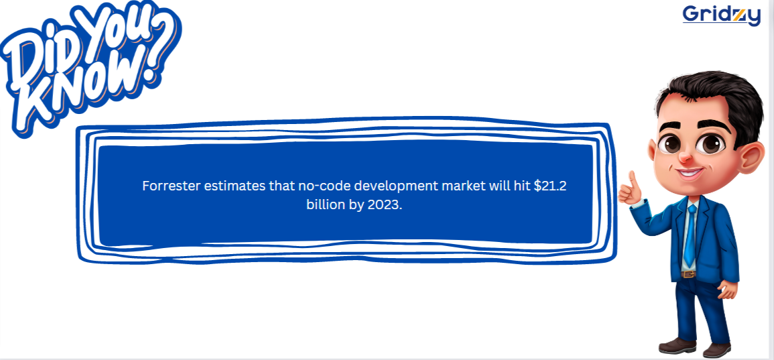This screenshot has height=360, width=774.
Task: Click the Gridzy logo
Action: coord(721,15)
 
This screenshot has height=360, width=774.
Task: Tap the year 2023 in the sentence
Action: coord(383,205)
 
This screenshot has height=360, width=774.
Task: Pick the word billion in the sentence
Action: coord(326,205)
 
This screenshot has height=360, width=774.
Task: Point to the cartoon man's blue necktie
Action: coord(690,235)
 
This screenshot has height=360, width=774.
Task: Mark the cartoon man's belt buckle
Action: coord(688,274)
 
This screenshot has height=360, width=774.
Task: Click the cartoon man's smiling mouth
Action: coord(690,174)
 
